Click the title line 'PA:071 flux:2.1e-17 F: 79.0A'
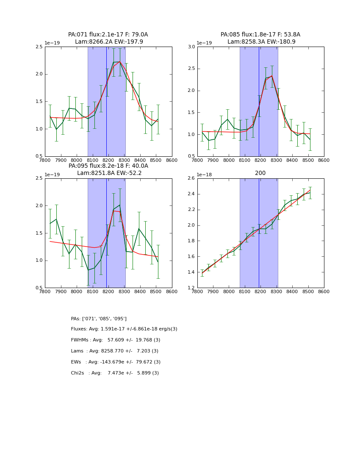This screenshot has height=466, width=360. [x=108, y=35]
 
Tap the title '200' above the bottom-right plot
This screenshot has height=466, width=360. [x=260, y=173]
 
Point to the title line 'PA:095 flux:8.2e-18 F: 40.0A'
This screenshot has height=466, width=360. [x=108, y=166]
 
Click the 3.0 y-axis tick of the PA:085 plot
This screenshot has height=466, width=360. [x=191, y=47]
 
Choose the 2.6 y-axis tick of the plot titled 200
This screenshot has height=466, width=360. [x=191, y=178]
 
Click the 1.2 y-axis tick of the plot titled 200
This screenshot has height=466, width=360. [x=191, y=288]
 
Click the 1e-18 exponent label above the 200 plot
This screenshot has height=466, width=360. [x=204, y=175]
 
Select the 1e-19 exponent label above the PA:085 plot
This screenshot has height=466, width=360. [x=204, y=43]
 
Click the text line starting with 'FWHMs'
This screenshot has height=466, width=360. [x=115, y=340]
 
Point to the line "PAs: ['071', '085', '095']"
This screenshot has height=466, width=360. [x=99, y=319]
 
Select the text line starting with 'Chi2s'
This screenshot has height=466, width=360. [x=115, y=373]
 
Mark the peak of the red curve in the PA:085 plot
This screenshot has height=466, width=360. [x=271, y=76]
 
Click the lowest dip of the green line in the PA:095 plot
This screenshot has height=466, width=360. [x=88, y=270]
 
